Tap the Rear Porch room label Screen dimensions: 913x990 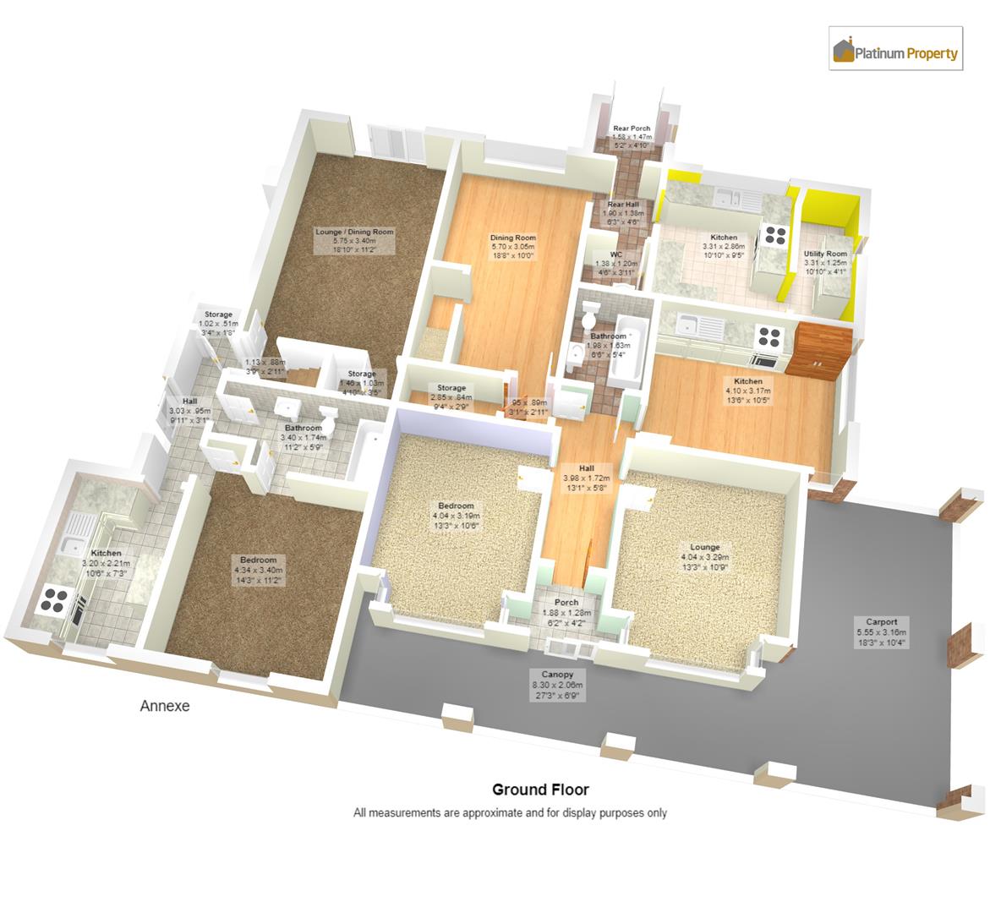click(x=632, y=128)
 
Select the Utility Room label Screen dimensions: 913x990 click(x=825, y=254)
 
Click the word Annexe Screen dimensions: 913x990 click(x=164, y=706)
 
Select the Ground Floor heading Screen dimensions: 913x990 click(x=540, y=790)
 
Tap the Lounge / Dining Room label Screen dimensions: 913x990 click(x=354, y=232)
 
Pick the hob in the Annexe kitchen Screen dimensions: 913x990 click(x=53, y=599)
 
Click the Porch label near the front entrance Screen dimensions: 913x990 click(x=566, y=603)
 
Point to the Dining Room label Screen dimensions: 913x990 click(x=513, y=238)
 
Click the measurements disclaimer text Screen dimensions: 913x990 click(x=510, y=812)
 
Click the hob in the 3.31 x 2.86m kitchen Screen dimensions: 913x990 click(x=774, y=236)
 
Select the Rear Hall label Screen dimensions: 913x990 click(x=623, y=204)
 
